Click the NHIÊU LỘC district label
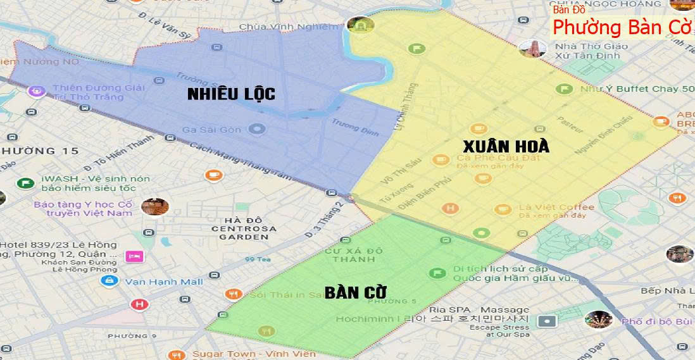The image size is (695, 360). click(231, 94)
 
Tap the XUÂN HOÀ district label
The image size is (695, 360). click(505, 146)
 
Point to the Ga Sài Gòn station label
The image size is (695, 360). click(212, 130)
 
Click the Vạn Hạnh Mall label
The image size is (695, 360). click(164, 281)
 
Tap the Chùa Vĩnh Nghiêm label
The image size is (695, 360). click(289, 27)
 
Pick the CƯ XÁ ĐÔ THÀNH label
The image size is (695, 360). click(354, 255)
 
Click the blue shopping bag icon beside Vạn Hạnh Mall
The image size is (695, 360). click(110, 280)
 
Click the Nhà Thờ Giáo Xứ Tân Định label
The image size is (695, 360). click(592, 51)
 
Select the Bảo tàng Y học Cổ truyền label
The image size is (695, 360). click(84, 208)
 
